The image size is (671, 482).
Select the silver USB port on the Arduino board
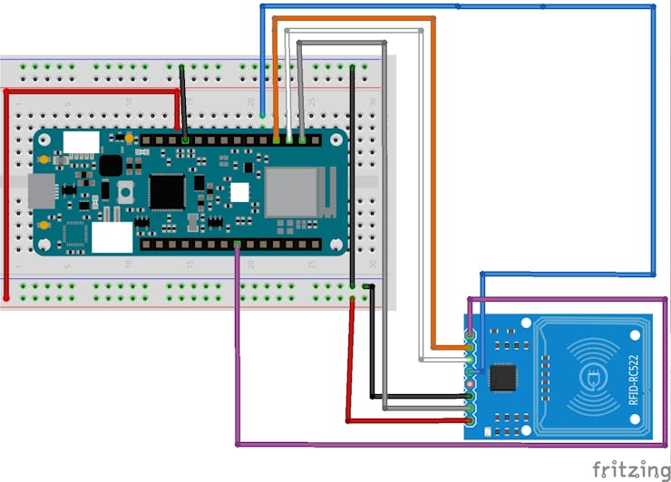coord(41,191)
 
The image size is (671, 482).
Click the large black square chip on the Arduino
coord(167,191)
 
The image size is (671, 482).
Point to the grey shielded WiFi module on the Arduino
coord(291,192)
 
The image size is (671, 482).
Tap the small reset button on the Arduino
coord(125,191)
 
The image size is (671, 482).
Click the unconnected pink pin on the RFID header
coord(471,384)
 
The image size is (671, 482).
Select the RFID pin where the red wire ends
coord(471,420)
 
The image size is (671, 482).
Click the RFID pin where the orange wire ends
coord(471,347)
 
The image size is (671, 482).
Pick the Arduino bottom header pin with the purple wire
coord(238,245)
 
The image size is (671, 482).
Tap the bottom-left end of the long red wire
coord(6,297)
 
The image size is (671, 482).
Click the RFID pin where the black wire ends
coord(471,396)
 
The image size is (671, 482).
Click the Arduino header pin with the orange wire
coord(276,140)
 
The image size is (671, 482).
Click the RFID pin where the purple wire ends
coord(471,335)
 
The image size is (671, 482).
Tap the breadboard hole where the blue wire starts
coord(263,115)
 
